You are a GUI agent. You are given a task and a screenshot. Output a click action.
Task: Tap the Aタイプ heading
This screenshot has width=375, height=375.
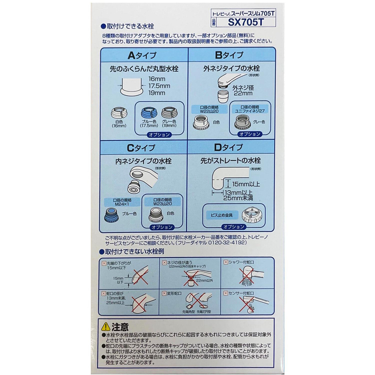142,55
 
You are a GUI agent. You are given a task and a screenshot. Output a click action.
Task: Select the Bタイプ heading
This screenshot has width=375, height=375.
229,55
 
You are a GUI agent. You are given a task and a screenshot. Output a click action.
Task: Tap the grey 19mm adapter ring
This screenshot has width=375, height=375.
169,113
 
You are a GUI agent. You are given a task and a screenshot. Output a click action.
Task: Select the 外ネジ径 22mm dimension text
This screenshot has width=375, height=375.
243,90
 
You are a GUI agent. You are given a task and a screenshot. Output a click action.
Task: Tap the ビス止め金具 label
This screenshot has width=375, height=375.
221,215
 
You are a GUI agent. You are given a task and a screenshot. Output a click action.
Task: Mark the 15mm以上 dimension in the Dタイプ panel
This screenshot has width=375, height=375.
246,184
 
